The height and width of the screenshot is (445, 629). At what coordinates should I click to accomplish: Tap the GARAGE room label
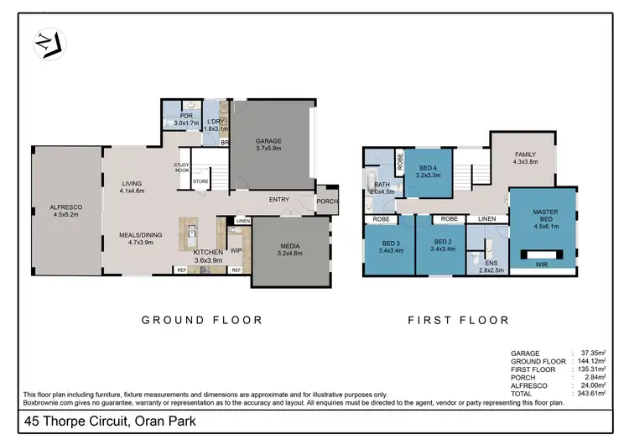(268, 141)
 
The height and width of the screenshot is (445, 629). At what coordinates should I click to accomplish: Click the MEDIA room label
(292, 245)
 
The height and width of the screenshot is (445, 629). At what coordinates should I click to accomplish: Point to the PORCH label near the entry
(326, 202)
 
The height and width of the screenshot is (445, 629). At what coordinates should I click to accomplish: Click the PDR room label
(175, 118)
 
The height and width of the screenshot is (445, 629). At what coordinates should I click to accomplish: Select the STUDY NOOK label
(182, 167)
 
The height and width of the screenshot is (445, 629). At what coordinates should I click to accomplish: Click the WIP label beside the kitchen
(236, 249)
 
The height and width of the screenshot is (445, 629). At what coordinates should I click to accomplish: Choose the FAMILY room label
(525, 154)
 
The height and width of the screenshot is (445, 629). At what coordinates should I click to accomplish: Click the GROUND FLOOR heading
(202, 320)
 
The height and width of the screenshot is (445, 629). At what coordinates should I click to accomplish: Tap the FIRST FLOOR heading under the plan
(459, 320)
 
